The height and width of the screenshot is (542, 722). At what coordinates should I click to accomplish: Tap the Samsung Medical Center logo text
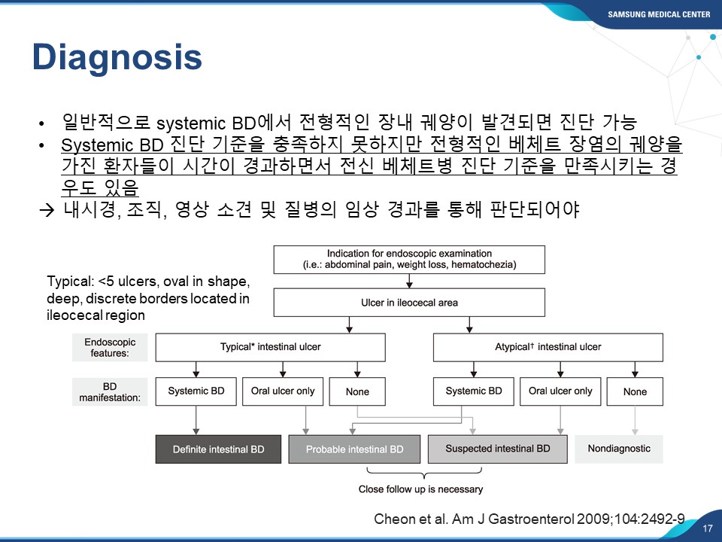coord(659,14)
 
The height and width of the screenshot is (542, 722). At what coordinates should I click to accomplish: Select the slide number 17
coord(708,528)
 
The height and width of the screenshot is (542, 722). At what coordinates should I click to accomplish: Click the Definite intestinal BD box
coord(218,449)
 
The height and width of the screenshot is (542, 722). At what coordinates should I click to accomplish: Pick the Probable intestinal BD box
coord(354,449)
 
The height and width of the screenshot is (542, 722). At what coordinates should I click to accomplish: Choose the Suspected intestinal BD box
coord(497,449)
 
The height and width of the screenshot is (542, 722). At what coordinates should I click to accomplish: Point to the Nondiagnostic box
coord(619,449)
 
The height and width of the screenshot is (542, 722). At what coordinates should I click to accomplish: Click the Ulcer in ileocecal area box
coord(409,303)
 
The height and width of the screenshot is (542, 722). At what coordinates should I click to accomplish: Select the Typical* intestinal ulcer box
coord(270,347)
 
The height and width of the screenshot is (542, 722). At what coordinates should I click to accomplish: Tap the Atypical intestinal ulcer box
coord(548,347)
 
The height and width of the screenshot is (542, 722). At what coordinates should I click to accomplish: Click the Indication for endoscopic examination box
coord(409,260)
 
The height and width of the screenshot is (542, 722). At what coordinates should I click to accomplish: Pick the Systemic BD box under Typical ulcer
coord(196,391)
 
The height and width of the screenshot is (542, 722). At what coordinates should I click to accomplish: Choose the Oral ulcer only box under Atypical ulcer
coord(560,391)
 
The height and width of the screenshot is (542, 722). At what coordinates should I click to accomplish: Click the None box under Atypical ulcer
coord(635,391)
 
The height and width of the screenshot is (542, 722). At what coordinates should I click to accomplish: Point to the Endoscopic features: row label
coord(110,348)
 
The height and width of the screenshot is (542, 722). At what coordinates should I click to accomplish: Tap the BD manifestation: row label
coord(110,391)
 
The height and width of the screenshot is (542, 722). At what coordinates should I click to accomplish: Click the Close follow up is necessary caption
coord(421,489)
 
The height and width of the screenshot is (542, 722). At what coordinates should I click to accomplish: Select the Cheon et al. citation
coord(529,519)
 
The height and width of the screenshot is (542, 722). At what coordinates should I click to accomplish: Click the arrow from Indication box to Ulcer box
coord(409,281)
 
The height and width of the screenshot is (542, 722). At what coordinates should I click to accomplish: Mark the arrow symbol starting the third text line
coord(47,210)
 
